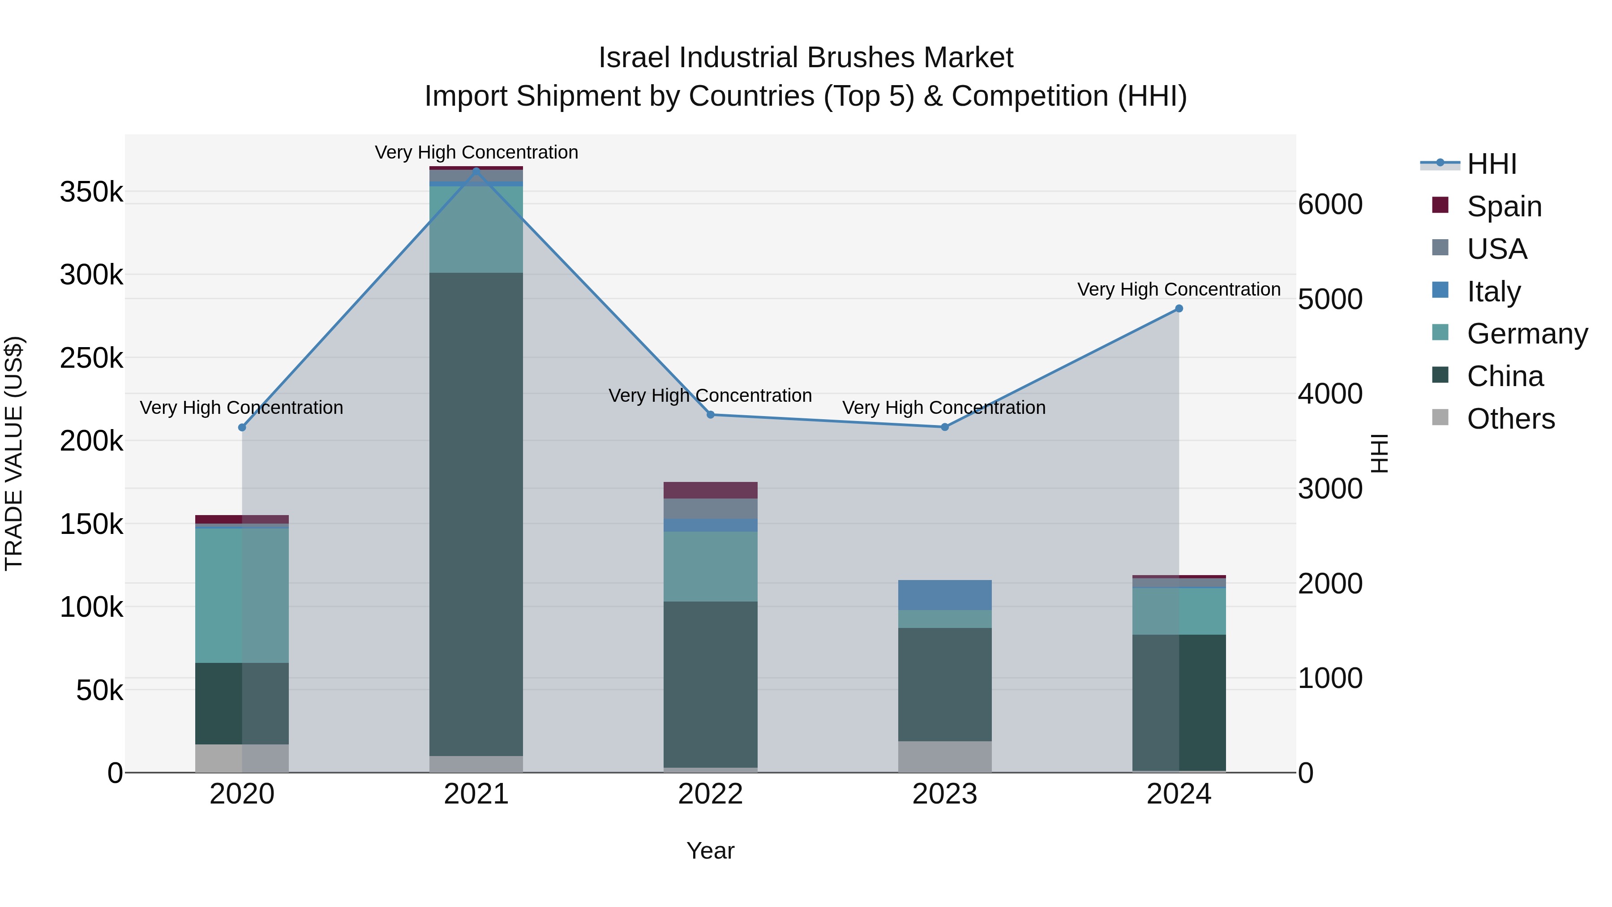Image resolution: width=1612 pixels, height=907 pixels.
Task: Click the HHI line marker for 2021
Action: pyautogui.click(x=476, y=171)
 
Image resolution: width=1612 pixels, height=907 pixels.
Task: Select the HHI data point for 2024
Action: pyautogui.click(x=1179, y=309)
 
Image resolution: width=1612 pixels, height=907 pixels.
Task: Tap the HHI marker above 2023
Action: pyautogui.click(x=945, y=427)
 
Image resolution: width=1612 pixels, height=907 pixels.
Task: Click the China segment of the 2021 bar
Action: pyautogui.click(x=476, y=513)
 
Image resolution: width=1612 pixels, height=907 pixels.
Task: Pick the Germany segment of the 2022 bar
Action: pyautogui.click(x=710, y=567)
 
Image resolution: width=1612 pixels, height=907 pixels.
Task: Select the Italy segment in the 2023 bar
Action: pyautogui.click(x=945, y=595)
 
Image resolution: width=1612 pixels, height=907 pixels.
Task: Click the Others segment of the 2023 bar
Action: pyautogui.click(x=945, y=757)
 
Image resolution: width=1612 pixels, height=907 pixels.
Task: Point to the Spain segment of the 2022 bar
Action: pyautogui.click(x=710, y=490)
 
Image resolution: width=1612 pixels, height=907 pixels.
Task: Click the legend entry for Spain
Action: pyautogui.click(x=1504, y=206)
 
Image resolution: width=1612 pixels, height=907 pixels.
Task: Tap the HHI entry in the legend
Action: pyautogui.click(x=1491, y=164)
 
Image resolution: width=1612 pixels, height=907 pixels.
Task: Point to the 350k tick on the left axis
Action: pyautogui.click(x=91, y=192)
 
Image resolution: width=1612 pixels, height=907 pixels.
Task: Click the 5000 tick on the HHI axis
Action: pyautogui.click(x=1330, y=299)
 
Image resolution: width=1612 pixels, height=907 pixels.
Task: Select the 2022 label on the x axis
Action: pyautogui.click(x=710, y=794)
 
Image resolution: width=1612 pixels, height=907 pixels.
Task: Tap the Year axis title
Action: pyautogui.click(x=710, y=851)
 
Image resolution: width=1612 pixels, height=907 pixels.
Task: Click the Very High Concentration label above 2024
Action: pyautogui.click(x=1179, y=289)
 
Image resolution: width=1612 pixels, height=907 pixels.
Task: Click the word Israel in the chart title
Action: pyautogui.click(x=635, y=58)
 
